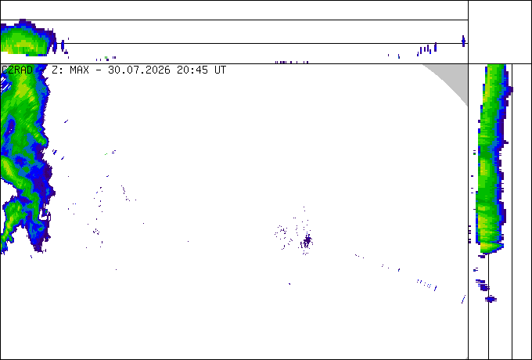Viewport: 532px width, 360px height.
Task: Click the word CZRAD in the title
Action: click(17, 70)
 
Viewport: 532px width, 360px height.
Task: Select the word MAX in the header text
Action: click(79, 70)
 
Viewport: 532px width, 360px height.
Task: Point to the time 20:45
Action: click(192, 70)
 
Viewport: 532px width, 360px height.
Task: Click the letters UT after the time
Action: click(220, 70)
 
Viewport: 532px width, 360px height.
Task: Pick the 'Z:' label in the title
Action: click(57, 70)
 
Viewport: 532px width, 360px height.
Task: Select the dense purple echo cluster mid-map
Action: click(307, 241)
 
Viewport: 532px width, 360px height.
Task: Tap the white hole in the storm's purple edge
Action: click(45, 215)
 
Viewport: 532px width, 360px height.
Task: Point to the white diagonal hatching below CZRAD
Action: click(5, 84)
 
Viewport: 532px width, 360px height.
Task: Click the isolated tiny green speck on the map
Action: click(106, 154)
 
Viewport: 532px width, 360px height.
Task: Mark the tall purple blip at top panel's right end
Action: click(463, 41)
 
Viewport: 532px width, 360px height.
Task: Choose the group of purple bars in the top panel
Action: click(427, 49)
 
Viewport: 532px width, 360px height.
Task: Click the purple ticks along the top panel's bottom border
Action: click(292, 62)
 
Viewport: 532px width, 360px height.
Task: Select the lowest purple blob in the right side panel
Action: click(491, 299)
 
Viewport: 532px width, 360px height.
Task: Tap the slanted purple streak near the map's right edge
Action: click(463, 299)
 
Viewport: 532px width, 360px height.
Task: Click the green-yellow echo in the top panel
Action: click(26, 38)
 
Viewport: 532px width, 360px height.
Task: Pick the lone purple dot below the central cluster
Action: click(289, 283)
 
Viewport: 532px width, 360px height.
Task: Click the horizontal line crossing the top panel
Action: click(234, 43)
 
